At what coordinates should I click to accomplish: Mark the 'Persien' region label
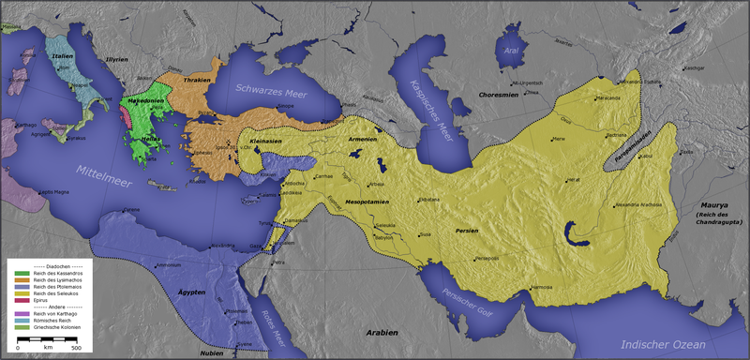467,229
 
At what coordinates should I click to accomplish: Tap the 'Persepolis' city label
487,258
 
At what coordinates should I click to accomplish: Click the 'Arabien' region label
382,332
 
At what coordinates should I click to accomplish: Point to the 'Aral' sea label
510,54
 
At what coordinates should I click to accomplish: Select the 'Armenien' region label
363,139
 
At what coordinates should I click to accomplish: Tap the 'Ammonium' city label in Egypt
169,265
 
